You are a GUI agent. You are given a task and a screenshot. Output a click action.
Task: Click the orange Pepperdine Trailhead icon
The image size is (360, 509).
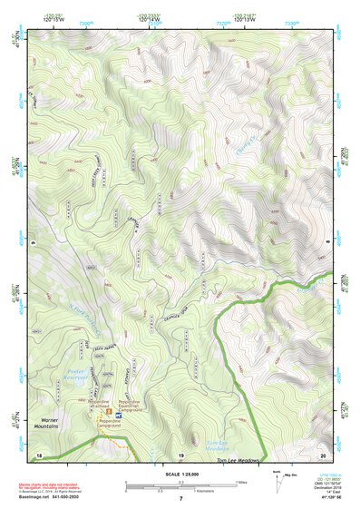tap(108, 412)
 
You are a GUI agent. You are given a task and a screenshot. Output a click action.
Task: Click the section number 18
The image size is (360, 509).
tap(39, 453)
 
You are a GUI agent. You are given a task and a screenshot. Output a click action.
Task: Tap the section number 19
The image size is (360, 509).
tap(180, 453)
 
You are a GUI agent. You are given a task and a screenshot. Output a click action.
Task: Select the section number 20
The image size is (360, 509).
tap(322, 453)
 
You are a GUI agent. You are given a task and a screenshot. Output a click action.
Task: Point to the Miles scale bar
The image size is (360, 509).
tap(181, 482)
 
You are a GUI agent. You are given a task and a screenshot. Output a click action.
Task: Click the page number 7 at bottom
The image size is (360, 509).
tap(180, 499)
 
